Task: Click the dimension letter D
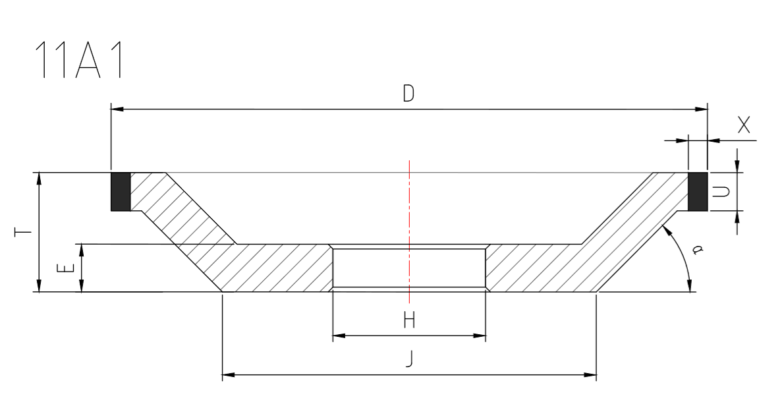pyautogui.click(x=408, y=94)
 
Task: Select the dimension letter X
pyautogui.click(x=744, y=126)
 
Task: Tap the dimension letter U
pyautogui.click(x=723, y=192)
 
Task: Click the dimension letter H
pyautogui.click(x=409, y=321)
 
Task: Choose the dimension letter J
pyautogui.click(x=409, y=361)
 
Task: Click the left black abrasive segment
pyautogui.click(x=121, y=192)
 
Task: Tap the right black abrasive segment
pyautogui.click(x=698, y=192)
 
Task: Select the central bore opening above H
pyautogui.click(x=409, y=268)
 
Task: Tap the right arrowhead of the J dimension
pyautogui.click(x=592, y=376)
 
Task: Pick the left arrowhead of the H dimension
pyautogui.click(x=337, y=336)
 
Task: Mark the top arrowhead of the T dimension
pyautogui.click(x=40, y=177)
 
